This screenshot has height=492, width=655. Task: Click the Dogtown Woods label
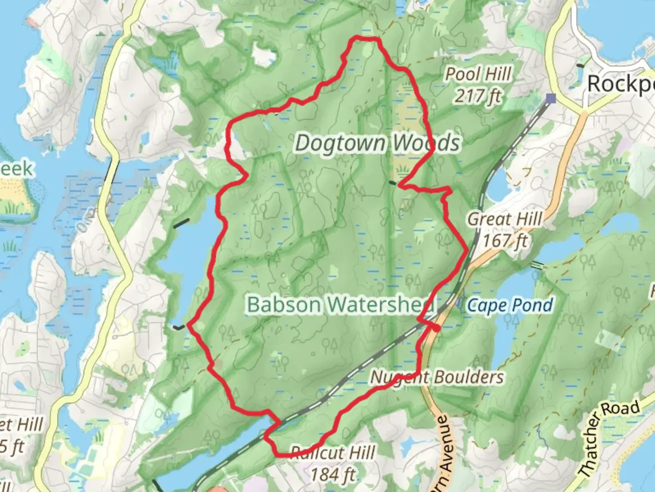[378, 143]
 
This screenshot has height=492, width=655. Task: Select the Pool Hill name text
[478, 74]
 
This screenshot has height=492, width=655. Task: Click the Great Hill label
[505, 219]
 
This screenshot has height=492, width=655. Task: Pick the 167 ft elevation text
[505, 240]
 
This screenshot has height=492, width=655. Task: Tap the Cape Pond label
[510, 305]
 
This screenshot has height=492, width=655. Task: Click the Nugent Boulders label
[437, 377]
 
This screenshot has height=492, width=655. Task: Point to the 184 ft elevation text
[333, 475]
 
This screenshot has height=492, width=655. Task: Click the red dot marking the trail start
[436, 328]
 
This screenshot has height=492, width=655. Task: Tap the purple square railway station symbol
[551, 97]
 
